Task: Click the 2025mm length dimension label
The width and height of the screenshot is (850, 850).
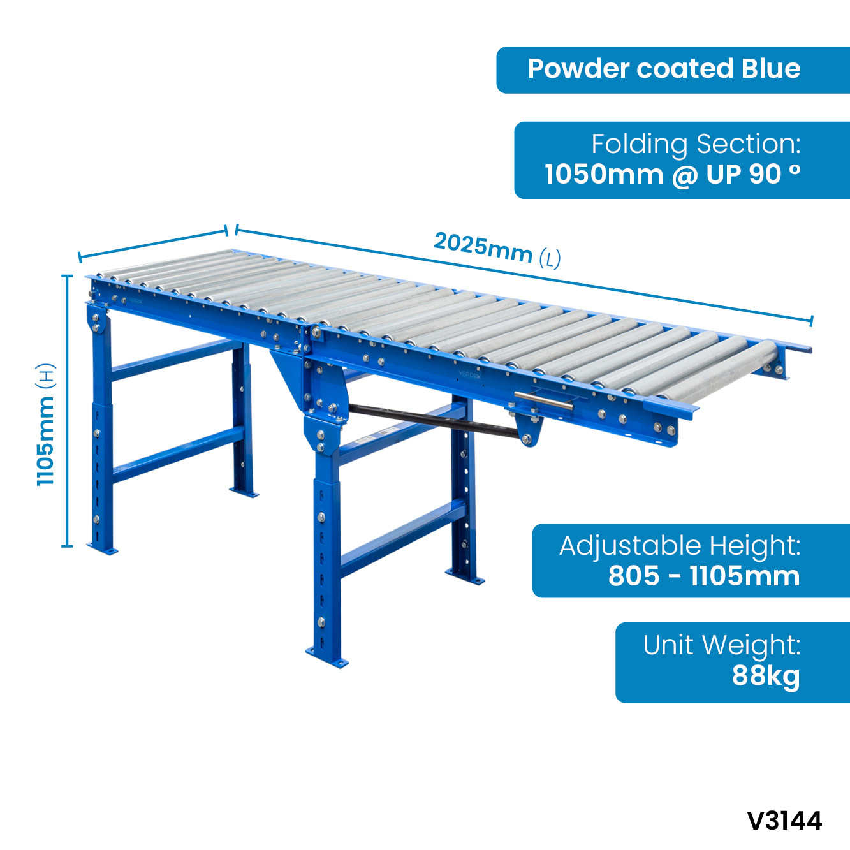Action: point(497,250)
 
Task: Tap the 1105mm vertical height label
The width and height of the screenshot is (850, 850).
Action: point(45,425)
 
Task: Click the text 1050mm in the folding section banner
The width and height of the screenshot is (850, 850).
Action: point(604,175)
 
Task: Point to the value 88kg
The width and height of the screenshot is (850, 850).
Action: point(766,676)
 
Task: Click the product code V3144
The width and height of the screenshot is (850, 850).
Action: point(785,821)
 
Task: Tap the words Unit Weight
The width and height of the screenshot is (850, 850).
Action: point(722,646)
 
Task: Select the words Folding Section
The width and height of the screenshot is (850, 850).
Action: point(696,145)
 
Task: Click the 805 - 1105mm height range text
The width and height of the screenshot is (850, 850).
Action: point(704,576)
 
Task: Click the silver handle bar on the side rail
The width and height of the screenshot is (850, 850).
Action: point(543,400)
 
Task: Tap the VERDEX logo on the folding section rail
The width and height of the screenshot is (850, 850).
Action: point(469,374)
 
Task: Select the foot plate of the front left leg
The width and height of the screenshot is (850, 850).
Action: point(102,548)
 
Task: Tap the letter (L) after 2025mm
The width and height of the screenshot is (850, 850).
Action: point(550,259)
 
